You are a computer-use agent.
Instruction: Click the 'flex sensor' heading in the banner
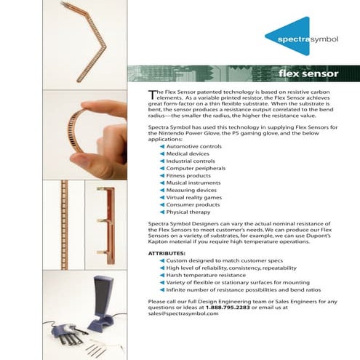[x=308, y=74]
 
